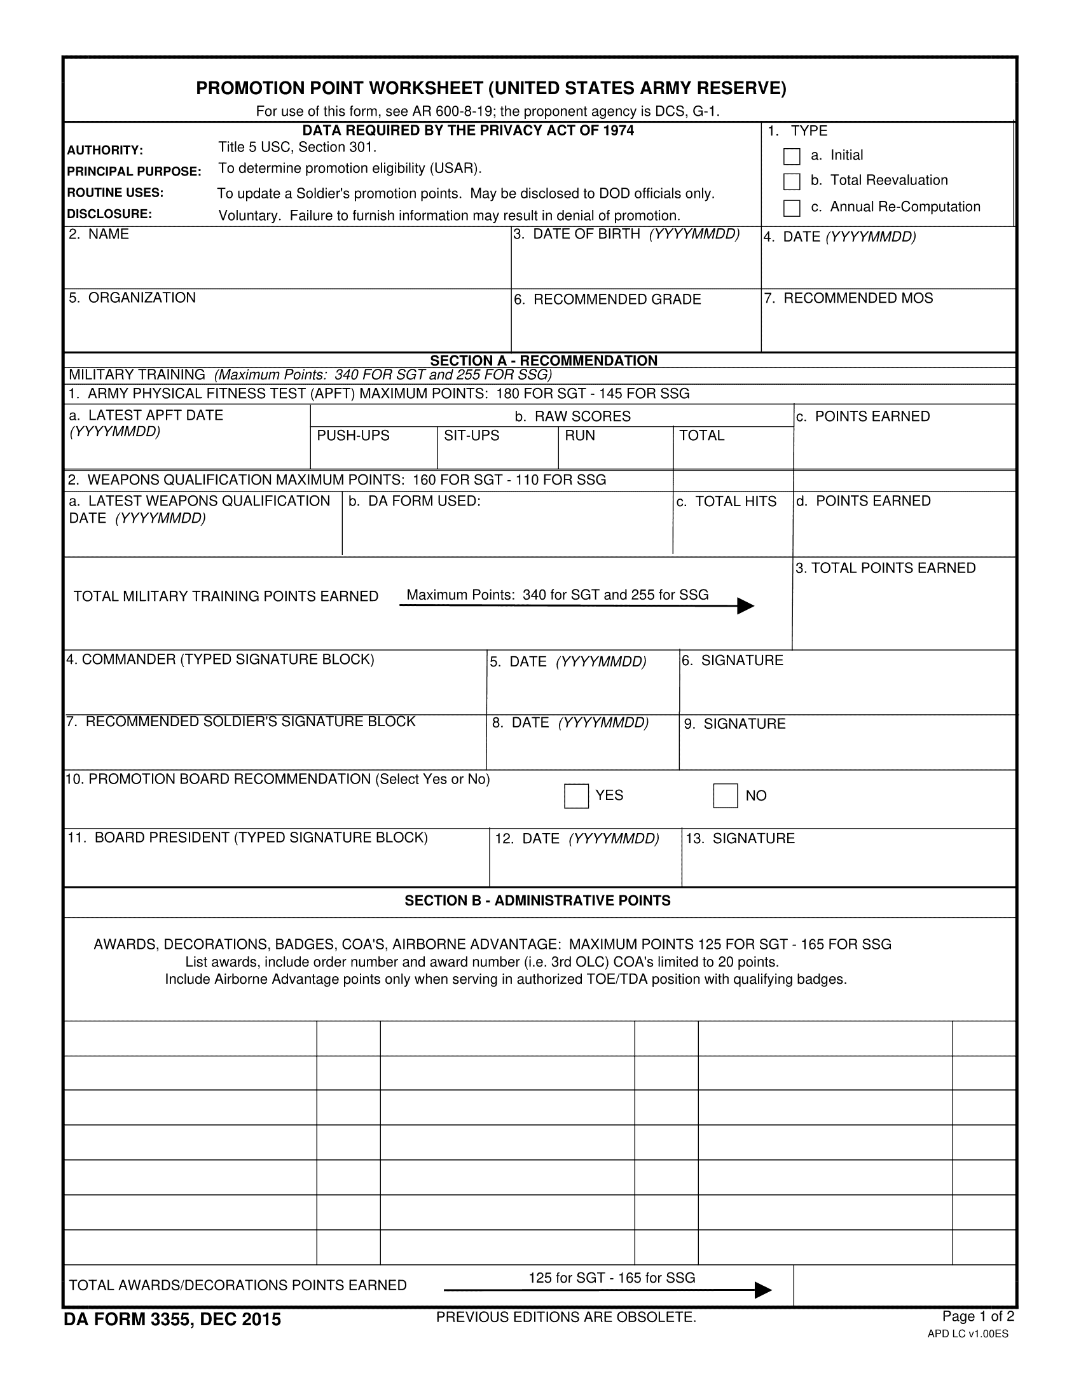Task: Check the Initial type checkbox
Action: tap(792, 156)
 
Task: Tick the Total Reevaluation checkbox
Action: tap(792, 181)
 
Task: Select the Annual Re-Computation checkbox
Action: tap(792, 208)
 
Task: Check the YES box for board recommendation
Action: tap(575, 796)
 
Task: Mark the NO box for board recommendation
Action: tap(725, 796)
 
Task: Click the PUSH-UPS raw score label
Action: tap(353, 436)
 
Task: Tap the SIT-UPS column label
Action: tap(471, 436)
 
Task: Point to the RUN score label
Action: tap(579, 436)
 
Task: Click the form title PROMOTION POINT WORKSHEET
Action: tap(490, 88)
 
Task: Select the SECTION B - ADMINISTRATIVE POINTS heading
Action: tap(537, 900)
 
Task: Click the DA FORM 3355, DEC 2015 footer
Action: tap(172, 1320)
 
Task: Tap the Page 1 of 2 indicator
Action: tap(978, 1316)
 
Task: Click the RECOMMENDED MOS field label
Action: tap(858, 298)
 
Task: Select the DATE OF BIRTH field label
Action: tap(636, 235)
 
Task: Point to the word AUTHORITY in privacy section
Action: tap(104, 151)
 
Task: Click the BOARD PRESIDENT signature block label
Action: tap(247, 838)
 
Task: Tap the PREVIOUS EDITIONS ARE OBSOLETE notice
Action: tap(565, 1317)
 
